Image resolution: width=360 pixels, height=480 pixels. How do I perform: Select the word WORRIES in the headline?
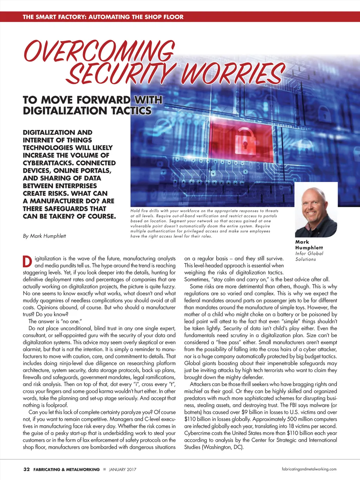(232, 74)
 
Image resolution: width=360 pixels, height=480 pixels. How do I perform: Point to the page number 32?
(26, 469)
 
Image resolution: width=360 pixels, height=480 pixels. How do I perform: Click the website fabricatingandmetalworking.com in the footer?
(309, 469)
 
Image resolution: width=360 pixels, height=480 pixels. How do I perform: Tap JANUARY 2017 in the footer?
(123, 469)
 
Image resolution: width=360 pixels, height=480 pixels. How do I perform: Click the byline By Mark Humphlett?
(44, 236)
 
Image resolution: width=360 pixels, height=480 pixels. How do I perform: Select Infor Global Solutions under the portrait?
(309, 256)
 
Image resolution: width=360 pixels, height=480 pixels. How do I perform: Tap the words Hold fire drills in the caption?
(145, 211)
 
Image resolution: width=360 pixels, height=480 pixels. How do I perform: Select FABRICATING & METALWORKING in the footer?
(66, 469)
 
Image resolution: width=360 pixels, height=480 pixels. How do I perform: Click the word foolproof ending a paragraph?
(56, 405)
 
